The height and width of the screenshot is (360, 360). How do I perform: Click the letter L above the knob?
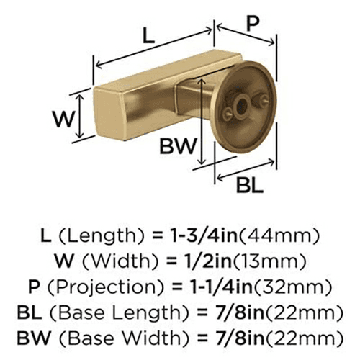click(x=148, y=35)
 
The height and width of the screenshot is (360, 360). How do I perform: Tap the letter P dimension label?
click(x=253, y=24)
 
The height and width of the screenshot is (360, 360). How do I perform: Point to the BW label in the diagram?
click(x=178, y=145)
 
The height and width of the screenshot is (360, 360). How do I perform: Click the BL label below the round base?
click(x=250, y=185)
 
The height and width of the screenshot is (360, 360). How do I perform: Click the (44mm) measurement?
click(x=279, y=235)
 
